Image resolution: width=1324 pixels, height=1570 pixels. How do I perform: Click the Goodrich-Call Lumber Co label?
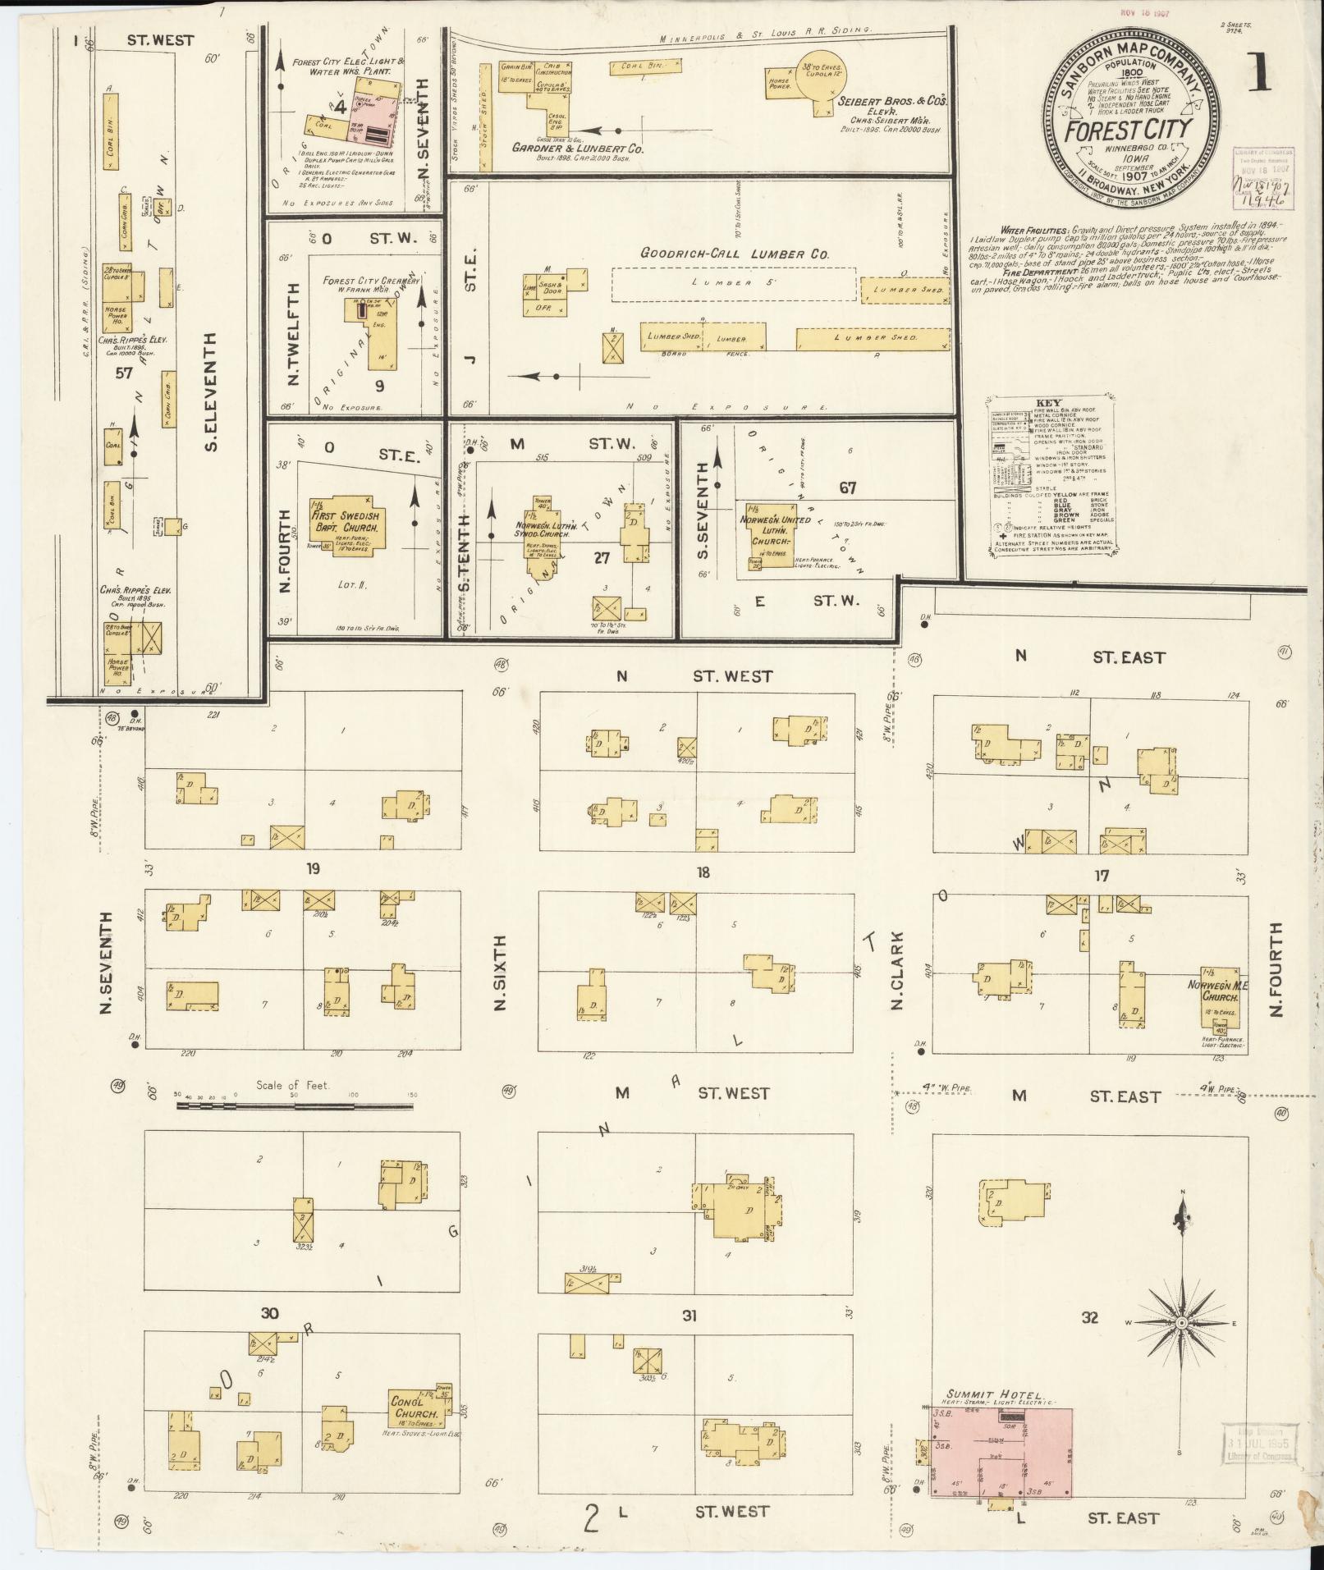(735, 254)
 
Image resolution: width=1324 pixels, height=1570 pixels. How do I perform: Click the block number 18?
(703, 873)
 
